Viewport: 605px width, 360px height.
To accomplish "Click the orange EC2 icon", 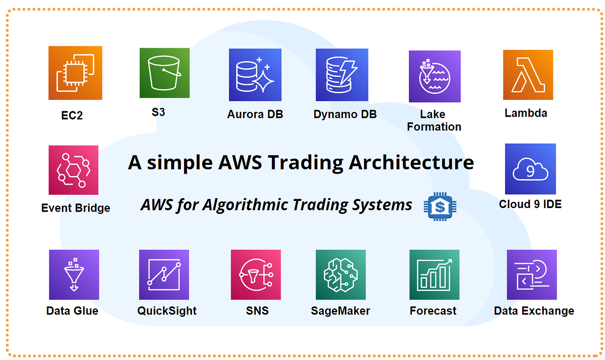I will [x=75, y=73].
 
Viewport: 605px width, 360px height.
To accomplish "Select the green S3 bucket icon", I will [x=164, y=73].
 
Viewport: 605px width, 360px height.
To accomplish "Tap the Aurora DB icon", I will [x=255, y=75].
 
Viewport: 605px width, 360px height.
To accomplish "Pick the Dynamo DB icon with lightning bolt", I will [x=342, y=75].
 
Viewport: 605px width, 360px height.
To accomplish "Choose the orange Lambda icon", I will [x=528, y=74].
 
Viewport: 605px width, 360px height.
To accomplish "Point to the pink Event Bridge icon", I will [x=74, y=170].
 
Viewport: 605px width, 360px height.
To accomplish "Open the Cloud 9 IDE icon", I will [x=530, y=169].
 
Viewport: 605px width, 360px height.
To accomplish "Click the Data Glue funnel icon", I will [x=74, y=274].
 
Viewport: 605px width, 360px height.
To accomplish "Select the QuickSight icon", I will [x=164, y=274].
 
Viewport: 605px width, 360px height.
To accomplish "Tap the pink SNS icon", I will [x=256, y=274].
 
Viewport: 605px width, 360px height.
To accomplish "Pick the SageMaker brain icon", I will [x=341, y=274].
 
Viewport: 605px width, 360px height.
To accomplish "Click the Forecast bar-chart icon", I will [x=434, y=274].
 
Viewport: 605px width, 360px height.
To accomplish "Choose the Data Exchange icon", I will [x=531, y=274].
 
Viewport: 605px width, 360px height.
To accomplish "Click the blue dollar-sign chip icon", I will [x=440, y=206].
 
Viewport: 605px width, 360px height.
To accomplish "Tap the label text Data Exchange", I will [x=534, y=311].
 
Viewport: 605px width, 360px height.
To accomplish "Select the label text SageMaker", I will [x=340, y=311].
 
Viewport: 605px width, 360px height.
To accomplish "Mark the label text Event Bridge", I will [x=75, y=208].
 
